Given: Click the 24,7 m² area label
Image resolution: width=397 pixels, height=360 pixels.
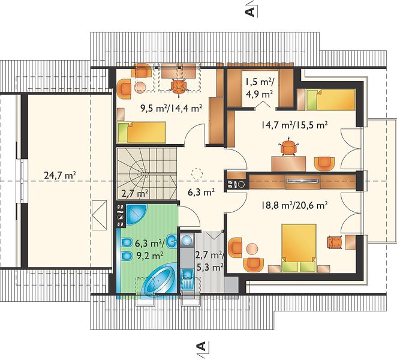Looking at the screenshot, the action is pos(60,175).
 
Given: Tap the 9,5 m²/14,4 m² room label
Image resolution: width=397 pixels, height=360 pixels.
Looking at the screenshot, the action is pos(171,108).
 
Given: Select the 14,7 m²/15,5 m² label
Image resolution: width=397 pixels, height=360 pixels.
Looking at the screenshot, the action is pos(294,125).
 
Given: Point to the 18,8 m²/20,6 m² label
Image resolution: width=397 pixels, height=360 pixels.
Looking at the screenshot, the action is pos(294,205).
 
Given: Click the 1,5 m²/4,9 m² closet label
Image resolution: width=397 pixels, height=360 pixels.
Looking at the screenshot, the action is pos(258,88).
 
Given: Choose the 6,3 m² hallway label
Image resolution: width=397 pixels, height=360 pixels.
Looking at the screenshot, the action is pos(201,192).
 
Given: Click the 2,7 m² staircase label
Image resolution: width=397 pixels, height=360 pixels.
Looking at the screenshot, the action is pos(135,194).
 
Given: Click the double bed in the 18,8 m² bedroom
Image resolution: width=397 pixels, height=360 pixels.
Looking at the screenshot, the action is pos(299,248).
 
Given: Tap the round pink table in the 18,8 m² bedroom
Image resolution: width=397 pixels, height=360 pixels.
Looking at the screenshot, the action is pos(252,249).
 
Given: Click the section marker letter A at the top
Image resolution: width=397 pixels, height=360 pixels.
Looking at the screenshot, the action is pos(250,11).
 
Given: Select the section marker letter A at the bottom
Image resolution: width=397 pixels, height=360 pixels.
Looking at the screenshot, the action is pos(201,346).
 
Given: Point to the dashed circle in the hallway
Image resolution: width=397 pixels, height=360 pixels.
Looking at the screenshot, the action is pos(197,174).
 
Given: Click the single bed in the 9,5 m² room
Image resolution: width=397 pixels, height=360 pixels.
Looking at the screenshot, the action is pos(142,132).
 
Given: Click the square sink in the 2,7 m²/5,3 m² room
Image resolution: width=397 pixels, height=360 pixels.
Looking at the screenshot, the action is pos(188,275).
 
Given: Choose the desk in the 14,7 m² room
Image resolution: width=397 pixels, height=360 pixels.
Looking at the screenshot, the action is pos(288,164).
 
